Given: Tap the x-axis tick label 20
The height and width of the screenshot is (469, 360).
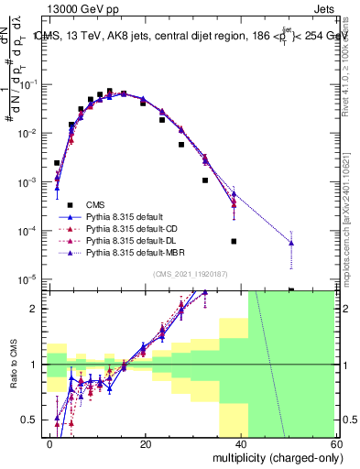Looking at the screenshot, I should pos(145,442).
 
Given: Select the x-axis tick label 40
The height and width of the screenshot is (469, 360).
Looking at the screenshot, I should pos(240,442).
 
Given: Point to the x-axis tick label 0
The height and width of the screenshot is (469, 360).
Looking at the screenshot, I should pos(49,442).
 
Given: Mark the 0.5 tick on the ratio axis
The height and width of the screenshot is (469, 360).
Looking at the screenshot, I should pos(33,420).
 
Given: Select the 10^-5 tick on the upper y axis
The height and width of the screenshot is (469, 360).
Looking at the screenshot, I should pos(30,278).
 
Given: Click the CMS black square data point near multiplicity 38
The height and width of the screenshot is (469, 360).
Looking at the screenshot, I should pos(234,241).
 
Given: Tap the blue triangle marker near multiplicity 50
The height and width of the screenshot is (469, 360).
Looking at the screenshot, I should pos(291,243).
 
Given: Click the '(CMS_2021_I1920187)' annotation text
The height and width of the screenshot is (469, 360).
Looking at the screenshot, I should pos(189,274).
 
